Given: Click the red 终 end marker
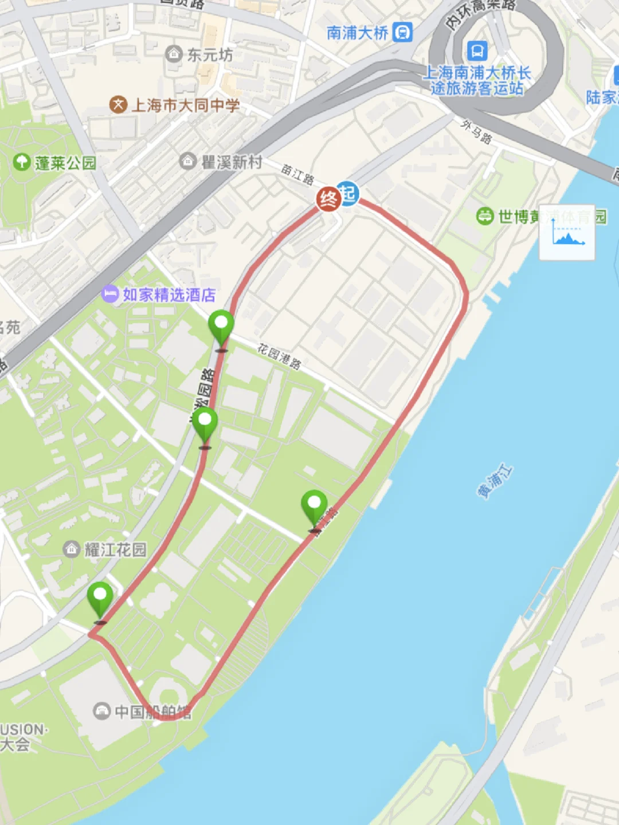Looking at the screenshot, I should pos(328,199).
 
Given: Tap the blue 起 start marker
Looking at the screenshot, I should pos(347,193).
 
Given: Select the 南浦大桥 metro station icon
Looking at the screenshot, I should pos(403,32).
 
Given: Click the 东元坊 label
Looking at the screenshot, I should pos(210,55).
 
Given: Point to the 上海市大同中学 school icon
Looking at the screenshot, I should pos(118,105).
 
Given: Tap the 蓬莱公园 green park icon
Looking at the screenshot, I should pos(22,162).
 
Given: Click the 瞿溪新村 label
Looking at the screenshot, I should pos(232,162).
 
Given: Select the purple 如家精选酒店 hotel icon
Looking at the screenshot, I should pos(109,294).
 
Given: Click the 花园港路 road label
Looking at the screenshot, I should pos(279,356).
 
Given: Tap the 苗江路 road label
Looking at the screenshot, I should pos(297,174).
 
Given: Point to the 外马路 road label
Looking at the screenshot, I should pos(476,132).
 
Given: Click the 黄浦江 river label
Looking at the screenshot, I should pos(495,482).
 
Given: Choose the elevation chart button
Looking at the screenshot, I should pos(567,233).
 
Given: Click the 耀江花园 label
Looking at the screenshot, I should pos(115,550).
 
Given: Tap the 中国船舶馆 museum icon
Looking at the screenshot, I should pos(101,712).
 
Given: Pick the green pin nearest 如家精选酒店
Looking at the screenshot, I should pos(221,328).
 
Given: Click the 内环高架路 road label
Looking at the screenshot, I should pos(480,13).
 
